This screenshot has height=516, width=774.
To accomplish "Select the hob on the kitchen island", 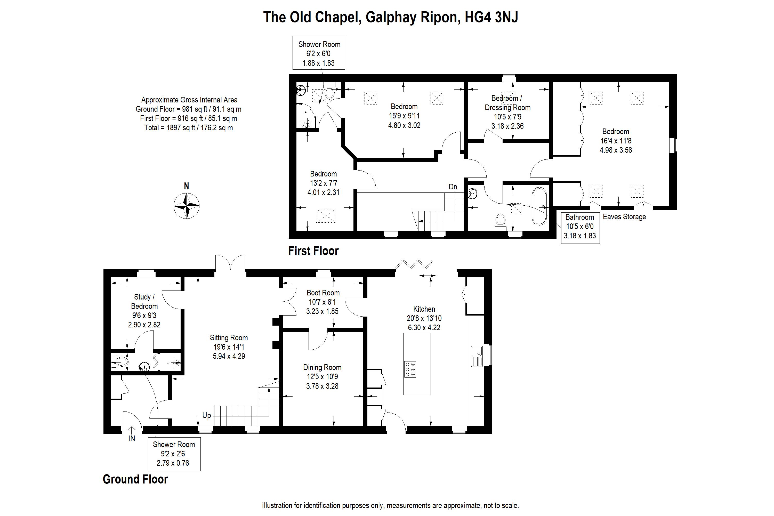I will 410,369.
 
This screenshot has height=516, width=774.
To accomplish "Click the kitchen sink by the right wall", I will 477,356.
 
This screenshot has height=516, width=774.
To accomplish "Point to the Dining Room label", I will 322,367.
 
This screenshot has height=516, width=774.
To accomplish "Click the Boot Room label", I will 323,293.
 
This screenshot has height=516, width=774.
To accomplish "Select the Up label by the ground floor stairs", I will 206,415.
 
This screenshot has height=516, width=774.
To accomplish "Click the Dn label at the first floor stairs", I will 453,187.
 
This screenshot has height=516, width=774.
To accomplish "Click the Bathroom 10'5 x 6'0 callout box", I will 580,227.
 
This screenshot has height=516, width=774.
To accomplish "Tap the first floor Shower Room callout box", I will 319,53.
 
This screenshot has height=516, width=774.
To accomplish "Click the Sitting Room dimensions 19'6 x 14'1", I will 229,347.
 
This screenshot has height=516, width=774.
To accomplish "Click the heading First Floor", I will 313,251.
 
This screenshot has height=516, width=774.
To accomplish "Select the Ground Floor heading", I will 135,479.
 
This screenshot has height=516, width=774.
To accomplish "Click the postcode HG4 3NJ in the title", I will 491,17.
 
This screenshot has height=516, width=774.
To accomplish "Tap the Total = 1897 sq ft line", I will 188,128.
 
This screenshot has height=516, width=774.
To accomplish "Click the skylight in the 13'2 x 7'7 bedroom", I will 326,215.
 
